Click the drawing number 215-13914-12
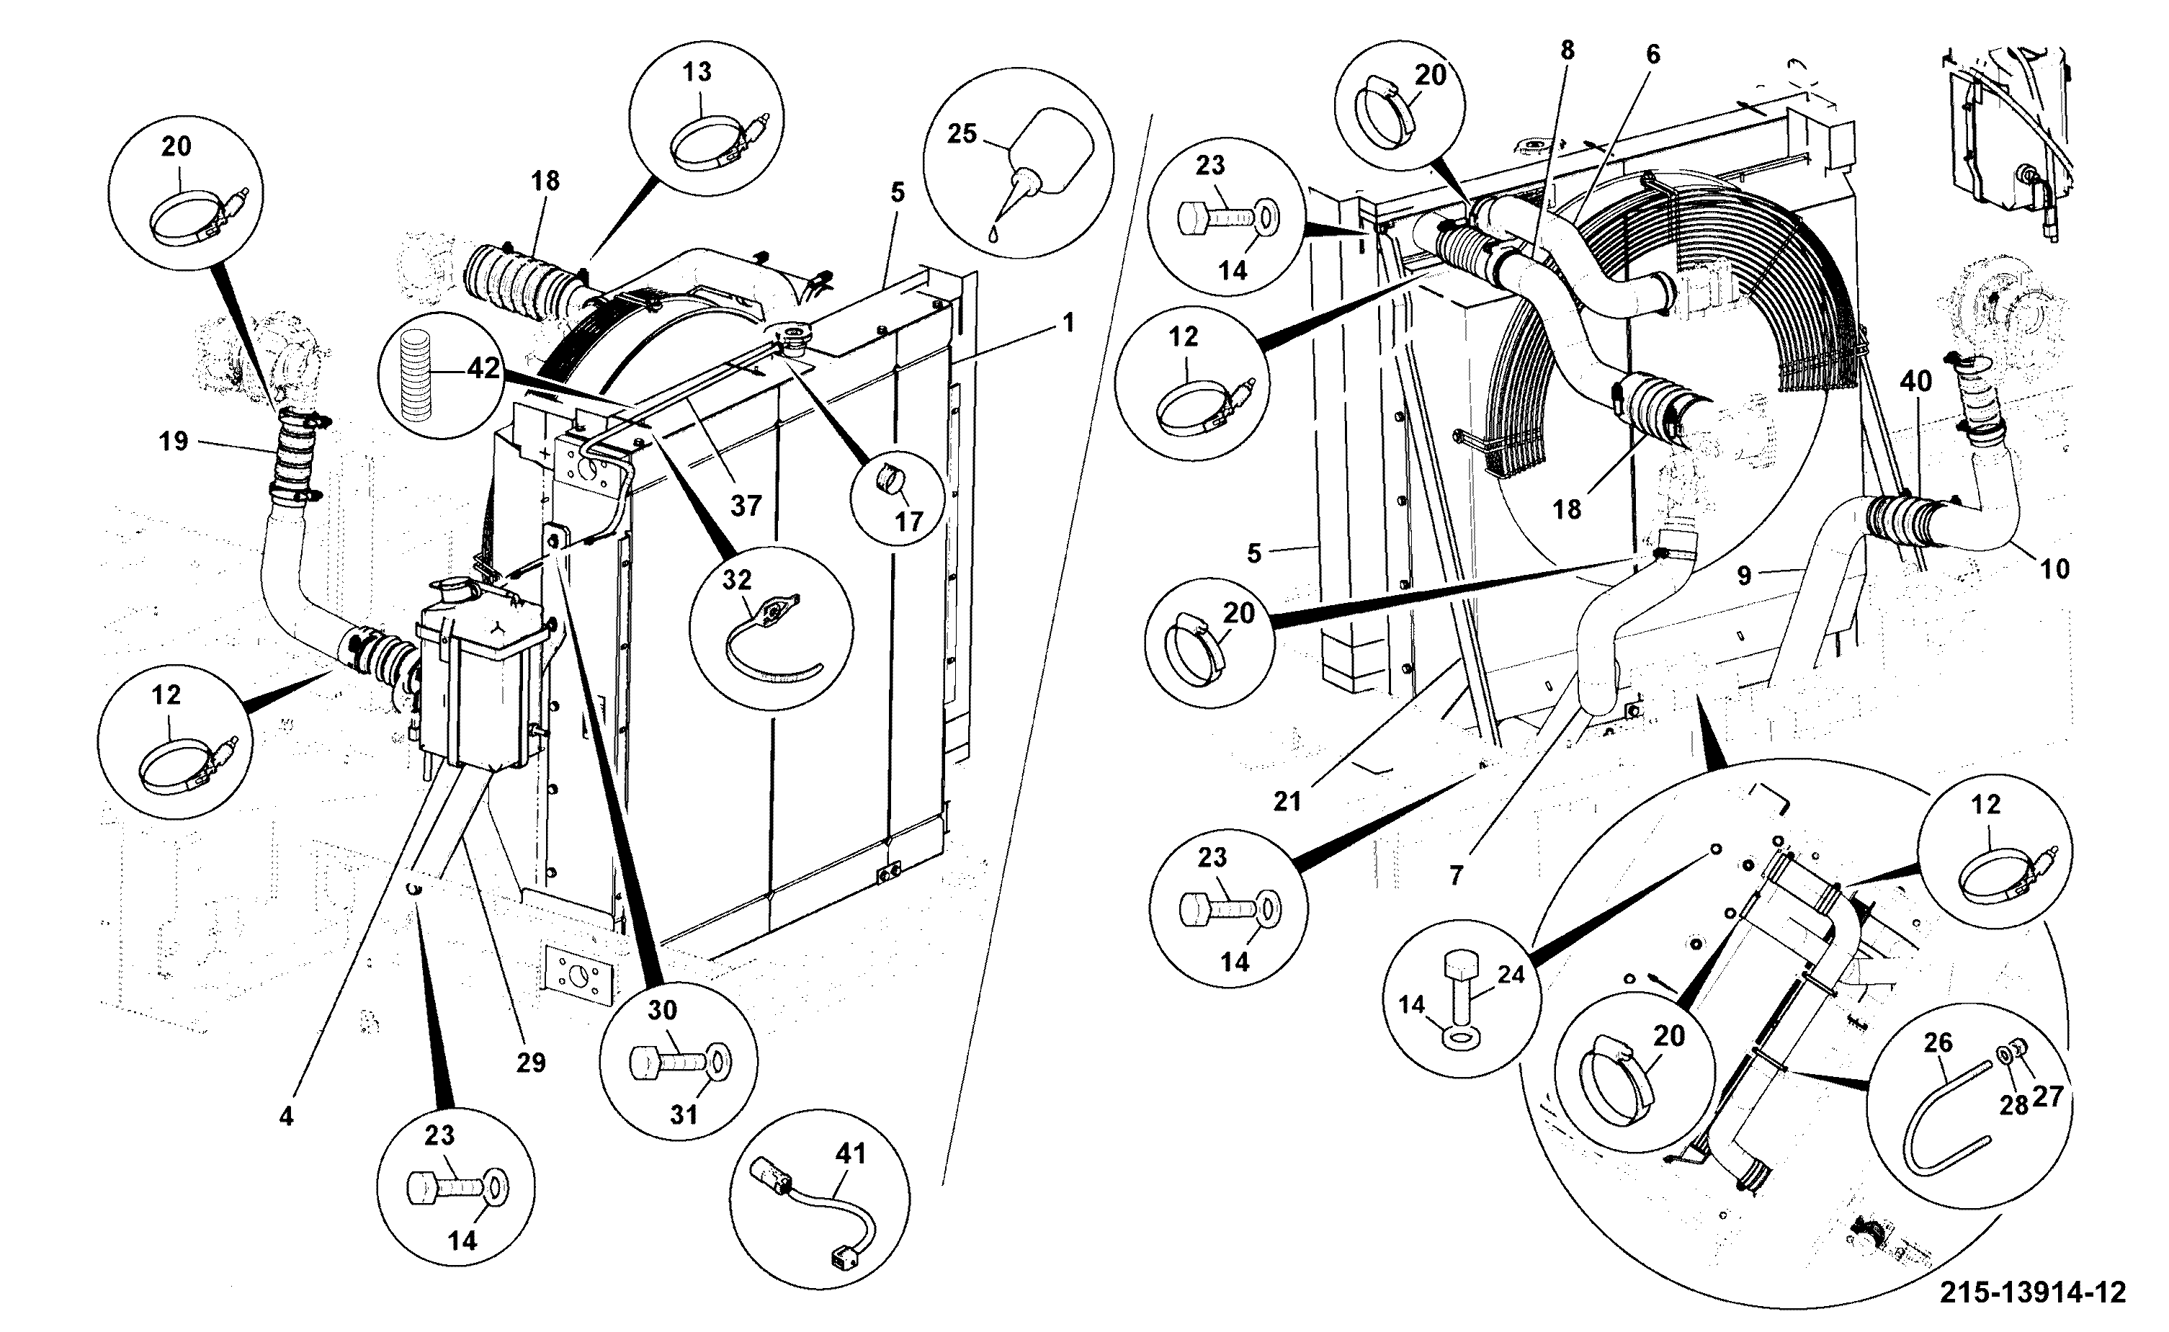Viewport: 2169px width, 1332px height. pyautogui.click(x=2034, y=1293)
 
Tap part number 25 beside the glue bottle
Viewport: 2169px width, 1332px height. pyautogui.click(x=962, y=134)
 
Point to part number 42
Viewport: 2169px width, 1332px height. pyautogui.click(x=483, y=368)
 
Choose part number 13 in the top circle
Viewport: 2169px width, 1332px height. pyautogui.click(x=697, y=71)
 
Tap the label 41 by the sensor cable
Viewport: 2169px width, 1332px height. pyautogui.click(x=851, y=1153)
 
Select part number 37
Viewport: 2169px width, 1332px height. pyautogui.click(x=746, y=506)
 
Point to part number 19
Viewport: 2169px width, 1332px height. pyautogui.click(x=174, y=442)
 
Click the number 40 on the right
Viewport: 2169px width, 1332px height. pyautogui.click(x=1915, y=382)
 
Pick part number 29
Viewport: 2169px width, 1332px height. pyautogui.click(x=531, y=1063)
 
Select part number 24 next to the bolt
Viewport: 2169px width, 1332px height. pyautogui.click(x=1511, y=975)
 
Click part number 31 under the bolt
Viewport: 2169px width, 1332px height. pyautogui.click(x=684, y=1114)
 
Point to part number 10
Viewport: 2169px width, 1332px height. pyautogui.click(x=2054, y=569)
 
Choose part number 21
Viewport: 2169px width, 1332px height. pyautogui.click(x=1287, y=802)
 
